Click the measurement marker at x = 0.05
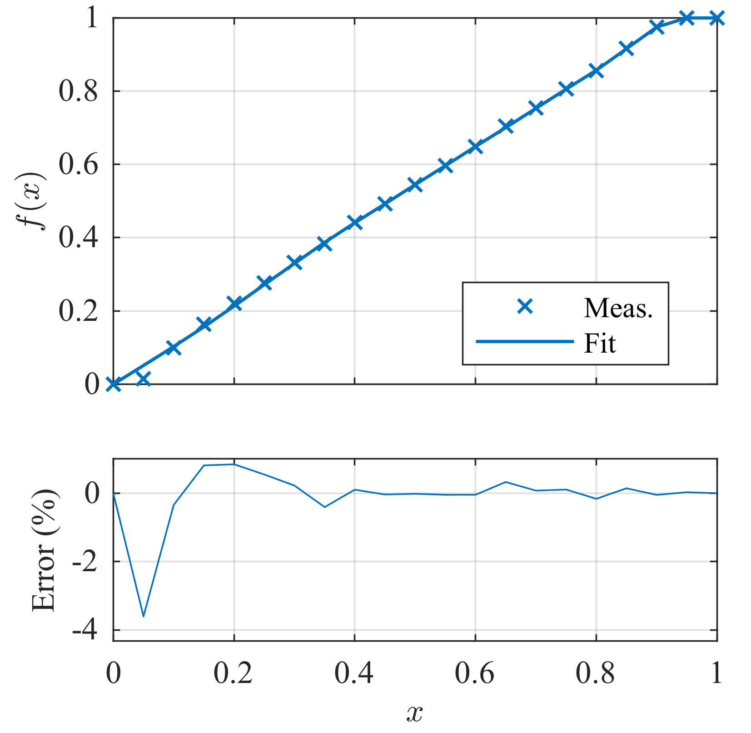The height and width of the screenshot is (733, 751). tap(143, 378)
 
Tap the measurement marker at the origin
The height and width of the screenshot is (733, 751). tap(113, 384)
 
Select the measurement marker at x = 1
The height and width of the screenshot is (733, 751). tap(716, 18)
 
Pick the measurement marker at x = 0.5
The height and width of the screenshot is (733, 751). tap(415, 184)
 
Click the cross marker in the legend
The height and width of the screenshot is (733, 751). tap(525, 307)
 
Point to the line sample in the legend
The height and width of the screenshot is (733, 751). tap(525, 341)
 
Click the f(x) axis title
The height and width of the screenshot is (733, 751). tap(35, 201)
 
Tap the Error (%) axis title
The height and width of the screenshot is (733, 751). tap(44, 550)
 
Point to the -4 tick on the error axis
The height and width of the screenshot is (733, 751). tap(85, 631)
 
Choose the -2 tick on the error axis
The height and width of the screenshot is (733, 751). tap(85, 562)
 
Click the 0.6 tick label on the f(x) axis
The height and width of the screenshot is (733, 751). tap(78, 165)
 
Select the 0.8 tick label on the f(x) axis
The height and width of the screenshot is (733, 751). tap(78, 92)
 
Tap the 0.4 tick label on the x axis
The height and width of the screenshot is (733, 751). tap(354, 673)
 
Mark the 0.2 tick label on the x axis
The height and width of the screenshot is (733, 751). tap(233, 673)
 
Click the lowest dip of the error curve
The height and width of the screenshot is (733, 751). tap(144, 616)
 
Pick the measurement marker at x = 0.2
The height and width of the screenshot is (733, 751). tap(234, 303)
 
